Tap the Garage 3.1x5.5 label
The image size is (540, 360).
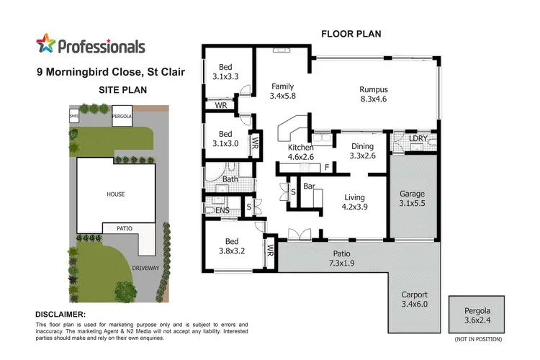413,199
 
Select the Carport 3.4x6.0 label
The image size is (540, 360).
414,300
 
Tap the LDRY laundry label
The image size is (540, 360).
418,138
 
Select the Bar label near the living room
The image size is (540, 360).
310,186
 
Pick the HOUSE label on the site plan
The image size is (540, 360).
116,194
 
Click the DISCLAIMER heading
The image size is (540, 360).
60,315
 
